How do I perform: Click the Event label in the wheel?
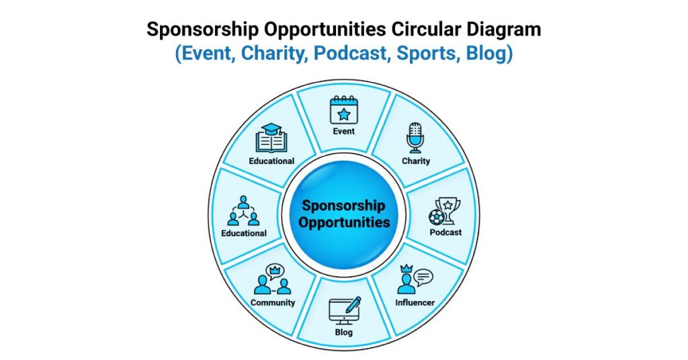[343, 131]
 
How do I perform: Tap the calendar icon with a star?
[343, 110]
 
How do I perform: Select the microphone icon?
[415, 138]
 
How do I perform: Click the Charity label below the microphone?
[416, 161]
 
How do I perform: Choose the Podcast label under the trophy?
[445, 232]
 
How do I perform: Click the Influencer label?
[415, 302]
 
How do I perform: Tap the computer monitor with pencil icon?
[344, 310]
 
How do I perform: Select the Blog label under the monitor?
[343, 332]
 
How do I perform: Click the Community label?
[273, 302]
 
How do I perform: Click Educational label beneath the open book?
[271, 161]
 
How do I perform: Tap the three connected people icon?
[243, 210]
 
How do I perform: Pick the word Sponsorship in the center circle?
[343, 206]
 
